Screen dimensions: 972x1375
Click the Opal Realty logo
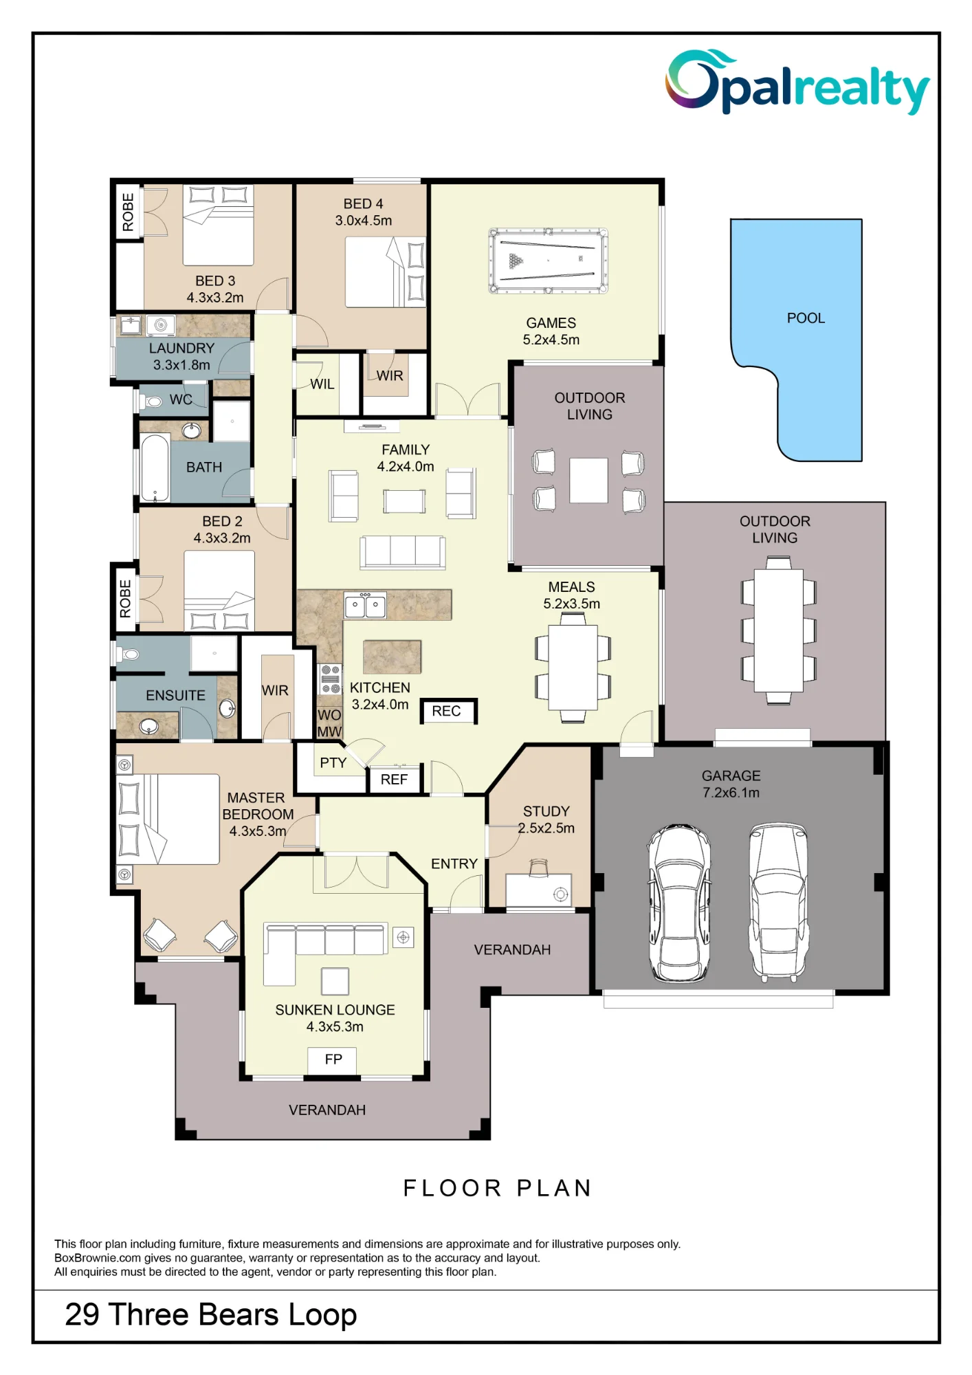(797, 82)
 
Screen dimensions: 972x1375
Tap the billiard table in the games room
(548, 261)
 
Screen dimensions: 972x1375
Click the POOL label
(806, 318)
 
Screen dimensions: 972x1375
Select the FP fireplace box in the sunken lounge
(332, 1059)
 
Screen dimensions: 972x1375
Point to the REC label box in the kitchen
(448, 712)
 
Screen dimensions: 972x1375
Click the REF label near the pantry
(394, 780)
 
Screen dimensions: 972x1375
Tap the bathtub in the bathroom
(155, 467)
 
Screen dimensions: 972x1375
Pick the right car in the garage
(778, 901)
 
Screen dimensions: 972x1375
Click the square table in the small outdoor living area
(588, 481)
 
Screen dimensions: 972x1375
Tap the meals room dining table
(573, 668)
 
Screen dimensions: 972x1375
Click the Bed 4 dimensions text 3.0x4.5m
(364, 221)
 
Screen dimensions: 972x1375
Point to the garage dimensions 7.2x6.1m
(731, 793)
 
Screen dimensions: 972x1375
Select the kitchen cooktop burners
(331, 679)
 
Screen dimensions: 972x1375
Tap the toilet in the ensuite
(128, 654)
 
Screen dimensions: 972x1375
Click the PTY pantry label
(333, 763)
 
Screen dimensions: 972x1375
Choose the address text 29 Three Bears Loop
(211, 1315)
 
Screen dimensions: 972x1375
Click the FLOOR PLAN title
(497, 1188)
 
